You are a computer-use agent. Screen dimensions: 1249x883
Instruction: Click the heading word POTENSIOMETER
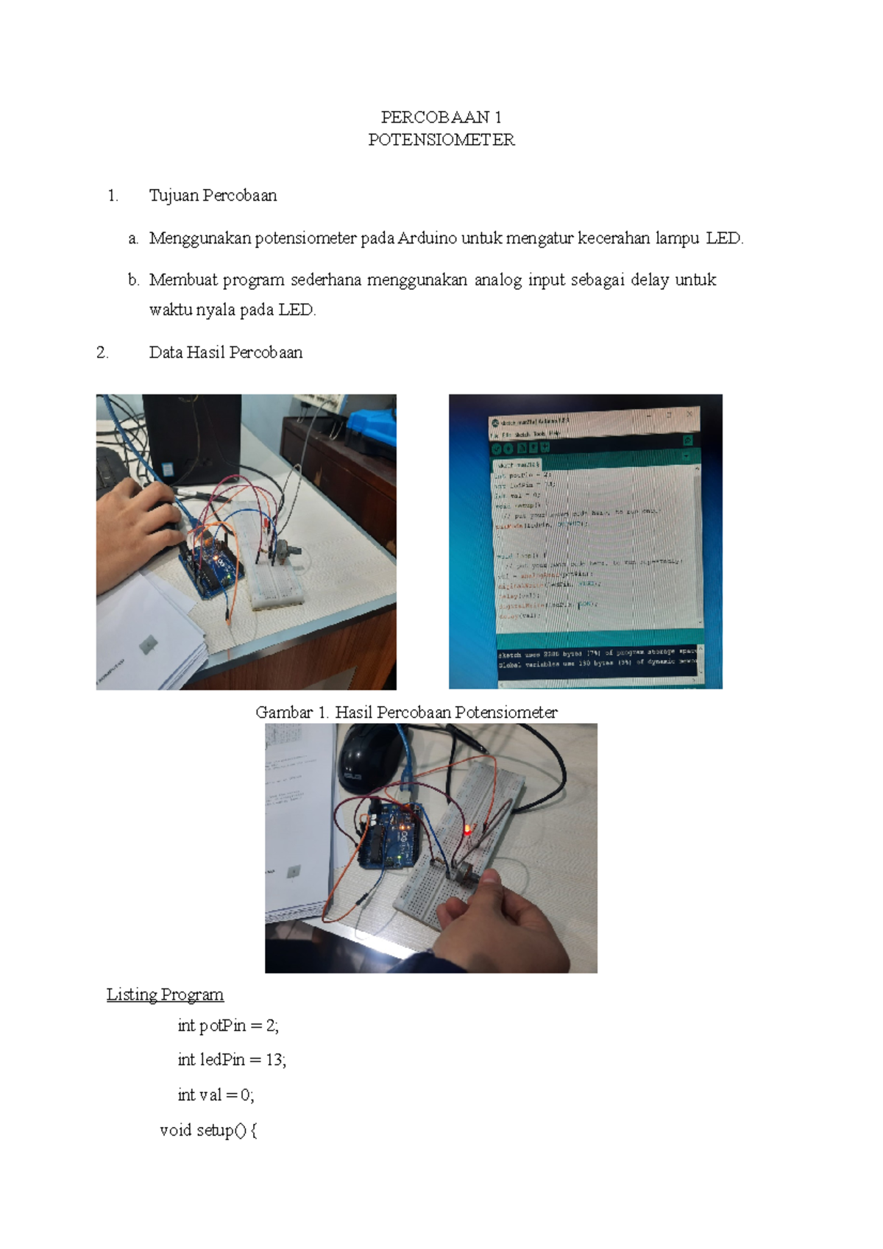(x=441, y=140)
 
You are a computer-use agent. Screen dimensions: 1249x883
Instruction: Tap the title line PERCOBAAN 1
(x=441, y=117)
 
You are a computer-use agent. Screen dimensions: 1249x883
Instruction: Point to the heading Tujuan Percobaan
(x=213, y=196)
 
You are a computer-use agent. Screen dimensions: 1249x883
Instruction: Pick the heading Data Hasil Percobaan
(x=225, y=352)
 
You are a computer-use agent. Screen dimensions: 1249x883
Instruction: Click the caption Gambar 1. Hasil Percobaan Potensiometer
(x=406, y=712)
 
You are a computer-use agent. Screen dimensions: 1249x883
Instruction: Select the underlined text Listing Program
(x=165, y=994)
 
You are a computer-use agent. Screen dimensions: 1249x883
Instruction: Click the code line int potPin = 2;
(x=228, y=1025)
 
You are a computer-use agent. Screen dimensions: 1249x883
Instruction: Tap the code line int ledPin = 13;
(x=232, y=1060)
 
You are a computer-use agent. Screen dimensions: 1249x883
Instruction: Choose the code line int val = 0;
(x=216, y=1095)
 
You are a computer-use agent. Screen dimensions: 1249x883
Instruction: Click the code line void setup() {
(x=208, y=1131)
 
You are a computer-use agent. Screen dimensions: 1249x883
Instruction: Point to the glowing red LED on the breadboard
(x=467, y=831)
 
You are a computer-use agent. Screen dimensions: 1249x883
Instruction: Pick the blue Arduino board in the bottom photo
(x=390, y=835)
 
